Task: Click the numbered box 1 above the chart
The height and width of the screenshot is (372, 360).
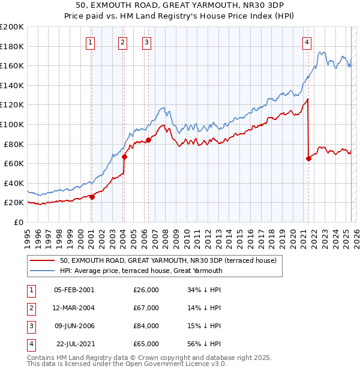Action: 90,42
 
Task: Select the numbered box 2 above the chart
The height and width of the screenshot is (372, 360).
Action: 122,42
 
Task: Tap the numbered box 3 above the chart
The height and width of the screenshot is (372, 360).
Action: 146,42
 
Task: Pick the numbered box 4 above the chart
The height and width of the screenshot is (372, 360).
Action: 307,42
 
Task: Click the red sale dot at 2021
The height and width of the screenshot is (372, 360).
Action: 309,158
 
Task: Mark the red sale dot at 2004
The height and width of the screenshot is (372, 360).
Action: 124,157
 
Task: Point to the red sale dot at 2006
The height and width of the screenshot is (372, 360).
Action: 148,140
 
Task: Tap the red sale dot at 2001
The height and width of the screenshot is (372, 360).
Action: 92,197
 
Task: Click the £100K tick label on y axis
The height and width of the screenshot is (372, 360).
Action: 11,124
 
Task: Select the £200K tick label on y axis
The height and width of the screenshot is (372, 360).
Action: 11,27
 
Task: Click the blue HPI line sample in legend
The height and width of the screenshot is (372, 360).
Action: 43,271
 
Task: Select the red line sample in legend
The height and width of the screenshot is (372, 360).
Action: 43,260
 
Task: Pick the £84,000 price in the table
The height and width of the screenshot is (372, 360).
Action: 146,326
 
